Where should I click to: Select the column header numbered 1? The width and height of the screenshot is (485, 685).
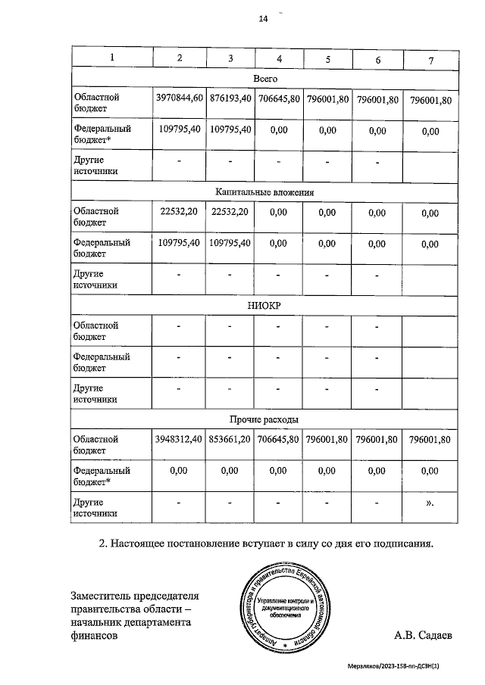coord(112,58)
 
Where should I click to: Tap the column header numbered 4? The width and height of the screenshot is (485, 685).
coord(280,58)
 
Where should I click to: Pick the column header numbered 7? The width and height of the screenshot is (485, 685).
coord(430,59)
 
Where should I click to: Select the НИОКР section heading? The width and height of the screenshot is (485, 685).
coord(264,305)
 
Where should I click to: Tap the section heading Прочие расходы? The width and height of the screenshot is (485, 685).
coord(264,419)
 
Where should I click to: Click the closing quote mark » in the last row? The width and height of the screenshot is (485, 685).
coord(430,502)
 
